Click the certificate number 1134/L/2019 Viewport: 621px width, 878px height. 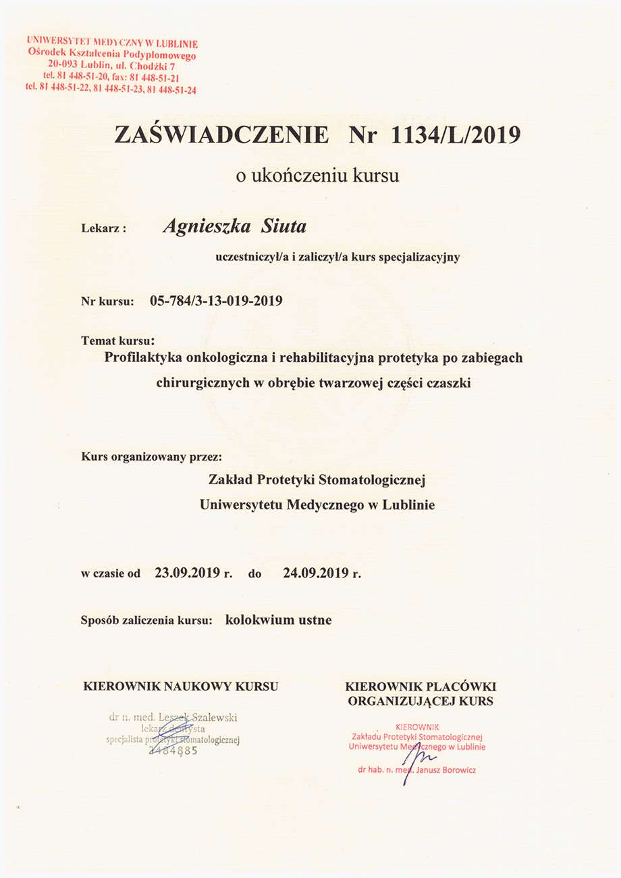(456, 135)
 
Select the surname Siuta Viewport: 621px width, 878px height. (283, 227)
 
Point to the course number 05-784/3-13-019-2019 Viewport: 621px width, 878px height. (216, 301)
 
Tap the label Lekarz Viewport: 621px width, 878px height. (103, 229)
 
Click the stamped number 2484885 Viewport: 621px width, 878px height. (172, 750)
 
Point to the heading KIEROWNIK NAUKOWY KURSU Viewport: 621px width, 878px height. (180, 687)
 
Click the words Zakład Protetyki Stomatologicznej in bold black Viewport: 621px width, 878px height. (317, 480)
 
